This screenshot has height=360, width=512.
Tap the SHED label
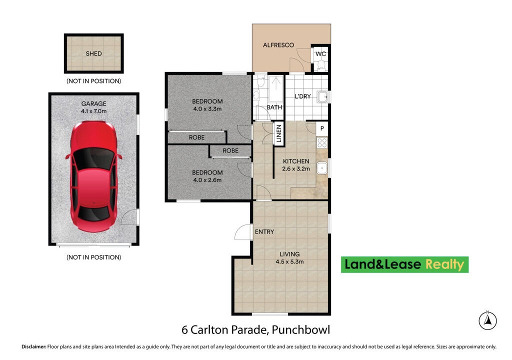click(93, 53)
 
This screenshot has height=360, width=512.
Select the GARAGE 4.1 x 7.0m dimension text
click(94, 111)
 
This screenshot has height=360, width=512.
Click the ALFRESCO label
click(278, 45)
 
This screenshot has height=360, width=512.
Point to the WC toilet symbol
click(320, 65)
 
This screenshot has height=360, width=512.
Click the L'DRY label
click(302, 96)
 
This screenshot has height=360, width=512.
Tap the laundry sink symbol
click(323, 96)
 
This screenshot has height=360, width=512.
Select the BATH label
click(274, 107)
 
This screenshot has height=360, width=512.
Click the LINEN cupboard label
click(278, 134)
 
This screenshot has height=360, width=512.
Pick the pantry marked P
click(322, 128)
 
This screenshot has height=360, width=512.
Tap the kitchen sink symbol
click(323, 168)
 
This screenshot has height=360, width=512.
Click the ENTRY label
click(264, 232)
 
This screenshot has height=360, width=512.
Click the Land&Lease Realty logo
click(404, 264)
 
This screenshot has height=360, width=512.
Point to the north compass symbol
click(487, 320)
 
